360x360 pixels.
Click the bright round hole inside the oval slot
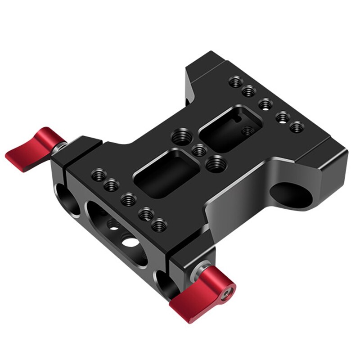coord(131,243)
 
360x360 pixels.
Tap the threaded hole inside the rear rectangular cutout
coord(247,131)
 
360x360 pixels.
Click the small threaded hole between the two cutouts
coord(198,151)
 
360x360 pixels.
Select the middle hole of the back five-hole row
coord(266,104)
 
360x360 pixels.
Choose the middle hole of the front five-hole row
coord(129,198)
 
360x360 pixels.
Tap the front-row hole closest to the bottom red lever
coord(158,225)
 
